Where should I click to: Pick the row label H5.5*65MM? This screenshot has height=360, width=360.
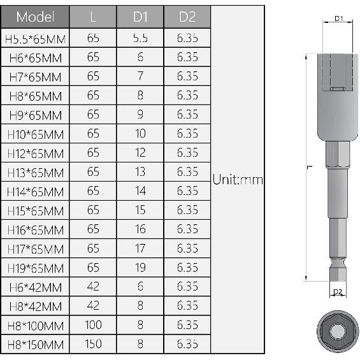pyautogui.click(x=35, y=38)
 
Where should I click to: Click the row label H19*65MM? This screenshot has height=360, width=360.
pyautogui.click(x=35, y=268)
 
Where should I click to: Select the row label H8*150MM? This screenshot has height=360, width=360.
pyautogui.click(x=35, y=345)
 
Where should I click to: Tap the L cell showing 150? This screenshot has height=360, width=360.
pyautogui.click(x=93, y=345)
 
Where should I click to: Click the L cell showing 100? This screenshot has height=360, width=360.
pyautogui.click(x=93, y=326)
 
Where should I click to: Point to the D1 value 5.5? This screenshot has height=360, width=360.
pyautogui.click(x=140, y=38)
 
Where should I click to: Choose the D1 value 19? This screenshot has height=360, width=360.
pyautogui.click(x=140, y=268)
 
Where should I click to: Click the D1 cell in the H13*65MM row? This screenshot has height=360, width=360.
pyautogui.click(x=140, y=172)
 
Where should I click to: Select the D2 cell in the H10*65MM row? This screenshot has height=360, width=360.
pyautogui.click(x=187, y=134)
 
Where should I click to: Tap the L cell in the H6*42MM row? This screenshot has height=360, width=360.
pyautogui.click(x=93, y=287)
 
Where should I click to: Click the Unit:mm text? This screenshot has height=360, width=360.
pyautogui.click(x=238, y=180)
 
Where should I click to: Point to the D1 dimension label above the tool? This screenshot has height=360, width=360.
pyautogui.click(x=339, y=19)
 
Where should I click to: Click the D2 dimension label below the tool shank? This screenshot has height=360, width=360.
pyautogui.click(x=338, y=292)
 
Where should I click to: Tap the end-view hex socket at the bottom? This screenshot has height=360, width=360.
pyautogui.click(x=338, y=331)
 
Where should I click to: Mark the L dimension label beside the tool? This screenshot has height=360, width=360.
pyautogui.click(x=308, y=167)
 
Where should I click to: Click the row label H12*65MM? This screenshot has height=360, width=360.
pyautogui.click(x=35, y=154)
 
